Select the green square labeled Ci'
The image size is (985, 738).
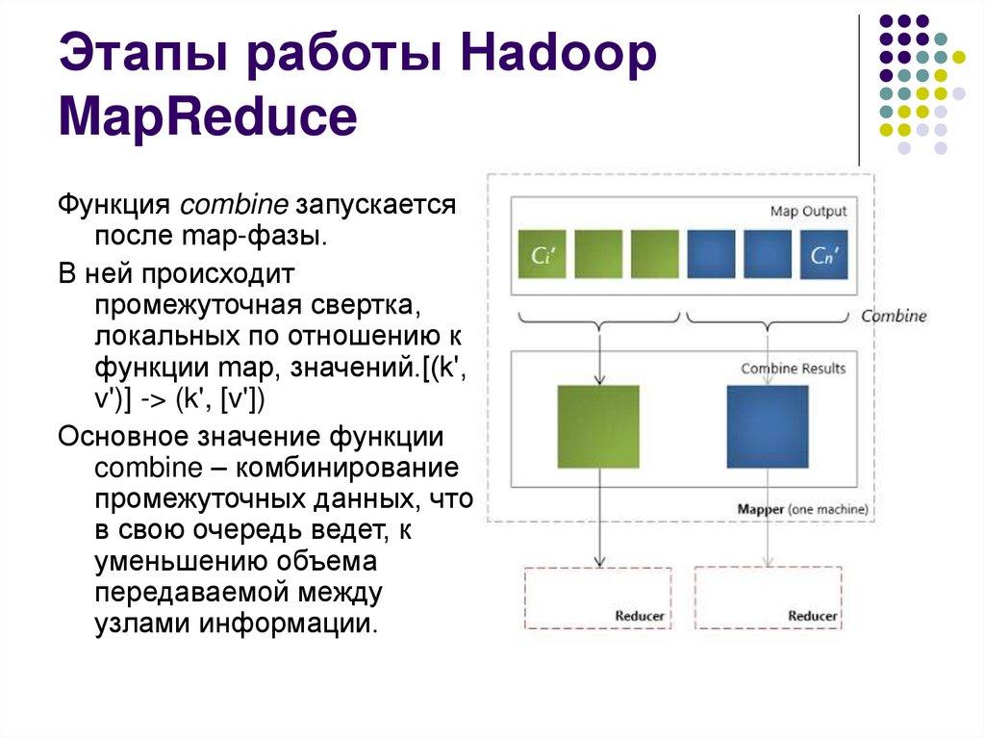point(543,255)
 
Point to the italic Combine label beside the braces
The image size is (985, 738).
point(894,316)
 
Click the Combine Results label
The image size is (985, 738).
point(793,369)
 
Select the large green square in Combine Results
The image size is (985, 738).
point(598,426)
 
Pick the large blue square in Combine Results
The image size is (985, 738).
point(767,426)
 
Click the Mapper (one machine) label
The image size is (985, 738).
point(802,508)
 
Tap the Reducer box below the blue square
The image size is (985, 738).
point(767,598)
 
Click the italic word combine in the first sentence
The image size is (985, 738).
point(235,206)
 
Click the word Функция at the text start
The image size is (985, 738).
point(115,206)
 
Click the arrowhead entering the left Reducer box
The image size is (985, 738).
point(600,561)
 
